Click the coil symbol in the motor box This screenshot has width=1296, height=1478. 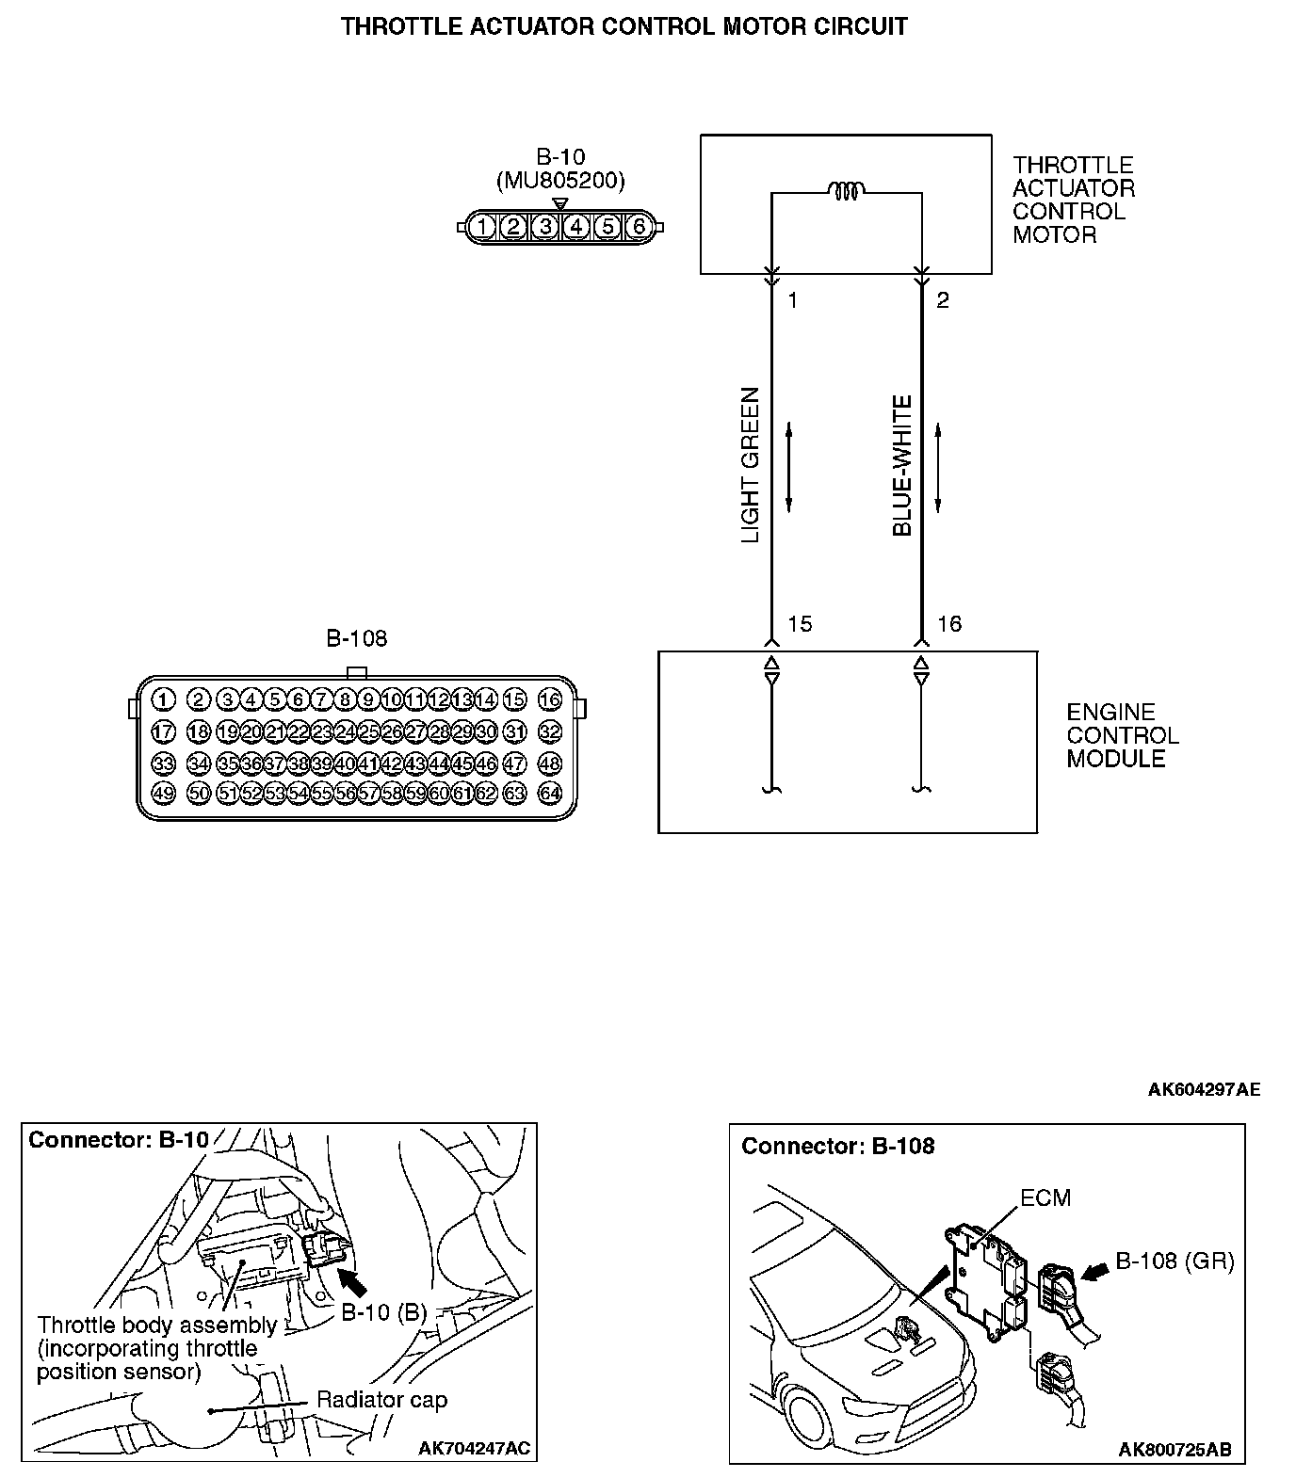point(846,191)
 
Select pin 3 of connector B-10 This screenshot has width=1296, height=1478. point(544,227)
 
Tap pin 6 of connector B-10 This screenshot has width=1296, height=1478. point(639,227)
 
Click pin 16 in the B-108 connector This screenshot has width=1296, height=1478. point(549,699)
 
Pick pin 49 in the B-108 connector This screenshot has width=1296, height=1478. point(163,793)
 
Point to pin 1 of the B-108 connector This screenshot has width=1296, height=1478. point(163,699)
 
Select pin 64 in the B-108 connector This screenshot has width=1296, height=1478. point(549,793)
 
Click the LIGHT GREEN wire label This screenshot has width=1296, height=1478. point(751,465)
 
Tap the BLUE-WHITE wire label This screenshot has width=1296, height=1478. point(902,465)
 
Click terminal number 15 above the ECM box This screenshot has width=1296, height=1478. point(799,624)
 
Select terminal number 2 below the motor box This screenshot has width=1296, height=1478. point(943,300)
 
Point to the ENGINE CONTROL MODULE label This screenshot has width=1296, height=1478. point(1121,735)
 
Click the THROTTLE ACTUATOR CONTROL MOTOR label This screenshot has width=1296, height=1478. point(1073,200)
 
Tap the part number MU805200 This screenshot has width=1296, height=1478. point(560,181)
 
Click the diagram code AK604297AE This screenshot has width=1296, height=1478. point(1203,1090)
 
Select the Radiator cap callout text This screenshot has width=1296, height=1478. point(381,1400)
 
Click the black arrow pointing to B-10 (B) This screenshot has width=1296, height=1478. point(354,1281)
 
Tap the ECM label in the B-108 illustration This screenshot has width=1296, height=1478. point(1045,1197)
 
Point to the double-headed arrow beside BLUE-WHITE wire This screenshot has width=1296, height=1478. point(938,468)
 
